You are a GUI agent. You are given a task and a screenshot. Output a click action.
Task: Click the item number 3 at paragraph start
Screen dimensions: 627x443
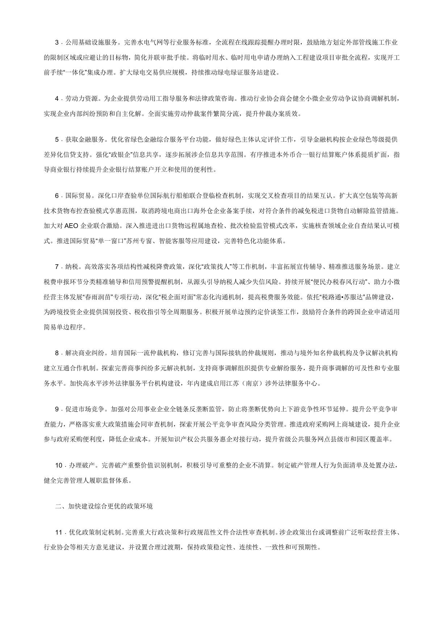[x=57, y=42]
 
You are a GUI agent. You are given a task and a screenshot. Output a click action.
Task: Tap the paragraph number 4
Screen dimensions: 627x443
[x=57, y=99]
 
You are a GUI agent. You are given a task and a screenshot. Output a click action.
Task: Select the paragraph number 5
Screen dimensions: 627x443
[x=57, y=140]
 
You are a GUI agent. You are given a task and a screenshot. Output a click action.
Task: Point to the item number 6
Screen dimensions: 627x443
[x=57, y=196]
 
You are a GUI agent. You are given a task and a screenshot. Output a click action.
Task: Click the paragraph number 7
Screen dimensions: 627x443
[x=57, y=267]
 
